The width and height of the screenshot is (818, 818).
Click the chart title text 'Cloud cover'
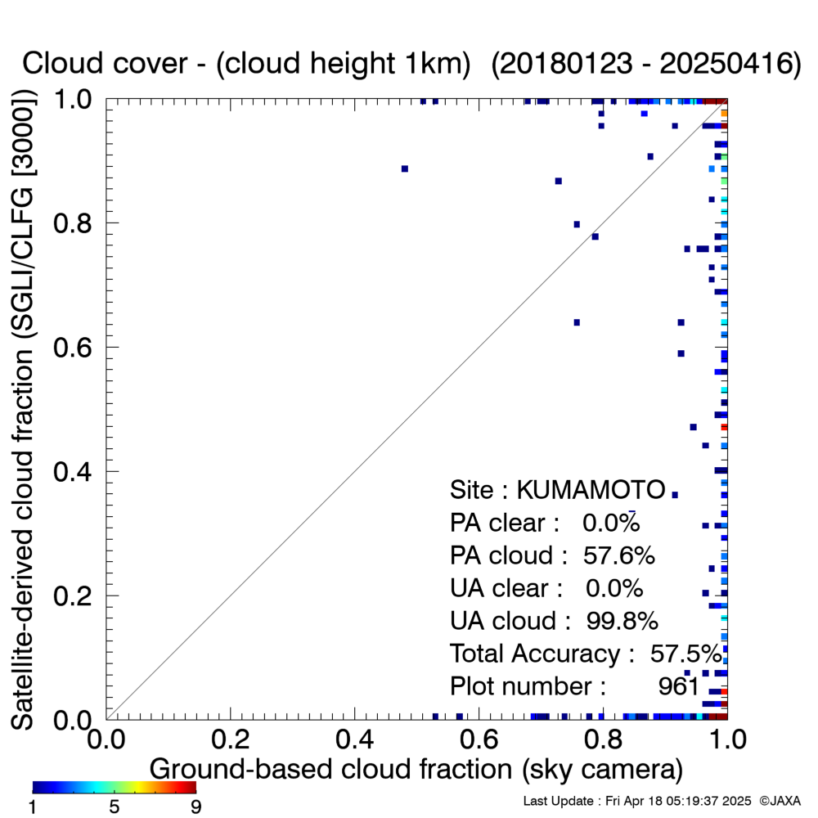[x=105, y=64]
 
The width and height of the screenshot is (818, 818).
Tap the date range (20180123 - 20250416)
[x=646, y=64]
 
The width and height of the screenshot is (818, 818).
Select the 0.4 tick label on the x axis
[x=355, y=739]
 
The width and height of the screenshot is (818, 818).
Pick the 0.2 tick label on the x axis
[x=231, y=739]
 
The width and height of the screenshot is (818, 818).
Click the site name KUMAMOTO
[x=591, y=490]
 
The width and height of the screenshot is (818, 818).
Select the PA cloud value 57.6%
[x=618, y=555]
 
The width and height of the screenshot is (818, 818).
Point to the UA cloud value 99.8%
[x=622, y=620]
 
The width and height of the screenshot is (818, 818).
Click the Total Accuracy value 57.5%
[x=686, y=653]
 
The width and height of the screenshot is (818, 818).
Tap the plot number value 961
[x=678, y=686]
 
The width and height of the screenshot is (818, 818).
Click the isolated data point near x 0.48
[x=405, y=169]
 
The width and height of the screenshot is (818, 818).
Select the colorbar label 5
[x=115, y=807]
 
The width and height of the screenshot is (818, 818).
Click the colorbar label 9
[x=196, y=807]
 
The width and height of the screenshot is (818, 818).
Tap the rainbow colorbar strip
[x=115, y=787]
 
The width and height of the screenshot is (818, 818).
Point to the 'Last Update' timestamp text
[x=637, y=801]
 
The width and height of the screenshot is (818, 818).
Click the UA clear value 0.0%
[x=614, y=588]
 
